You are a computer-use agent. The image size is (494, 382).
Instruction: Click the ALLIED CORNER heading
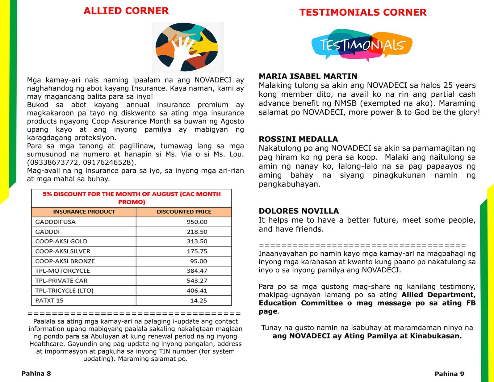(x=126, y=11)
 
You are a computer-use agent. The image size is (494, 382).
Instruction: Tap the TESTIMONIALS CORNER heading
(x=363, y=12)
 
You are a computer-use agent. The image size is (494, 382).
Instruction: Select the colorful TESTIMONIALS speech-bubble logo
(x=362, y=45)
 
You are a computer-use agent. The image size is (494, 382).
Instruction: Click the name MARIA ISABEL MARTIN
(x=308, y=76)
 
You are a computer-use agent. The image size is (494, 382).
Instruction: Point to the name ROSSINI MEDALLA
(x=298, y=139)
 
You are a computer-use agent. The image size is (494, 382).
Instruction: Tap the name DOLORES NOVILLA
(x=299, y=211)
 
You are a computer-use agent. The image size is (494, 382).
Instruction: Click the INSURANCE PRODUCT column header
(x=84, y=212)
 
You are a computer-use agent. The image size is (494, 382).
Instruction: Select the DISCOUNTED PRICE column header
(x=184, y=212)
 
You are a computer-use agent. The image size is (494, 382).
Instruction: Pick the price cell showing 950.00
(x=197, y=222)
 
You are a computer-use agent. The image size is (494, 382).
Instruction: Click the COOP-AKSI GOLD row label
(x=61, y=241)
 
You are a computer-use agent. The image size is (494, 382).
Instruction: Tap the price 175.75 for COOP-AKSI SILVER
(x=197, y=251)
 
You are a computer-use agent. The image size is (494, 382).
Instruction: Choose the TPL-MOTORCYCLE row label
(x=62, y=271)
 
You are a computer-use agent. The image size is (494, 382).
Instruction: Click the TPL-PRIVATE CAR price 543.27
(x=197, y=281)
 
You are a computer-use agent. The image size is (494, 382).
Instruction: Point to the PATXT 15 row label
(x=49, y=300)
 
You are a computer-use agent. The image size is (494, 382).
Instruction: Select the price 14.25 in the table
(x=198, y=300)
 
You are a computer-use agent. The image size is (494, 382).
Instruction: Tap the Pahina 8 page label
(x=36, y=374)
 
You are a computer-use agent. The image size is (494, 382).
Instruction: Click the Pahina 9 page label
(x=449, y=374)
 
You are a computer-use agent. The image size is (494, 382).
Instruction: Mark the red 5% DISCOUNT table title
(x=132, y=198)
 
